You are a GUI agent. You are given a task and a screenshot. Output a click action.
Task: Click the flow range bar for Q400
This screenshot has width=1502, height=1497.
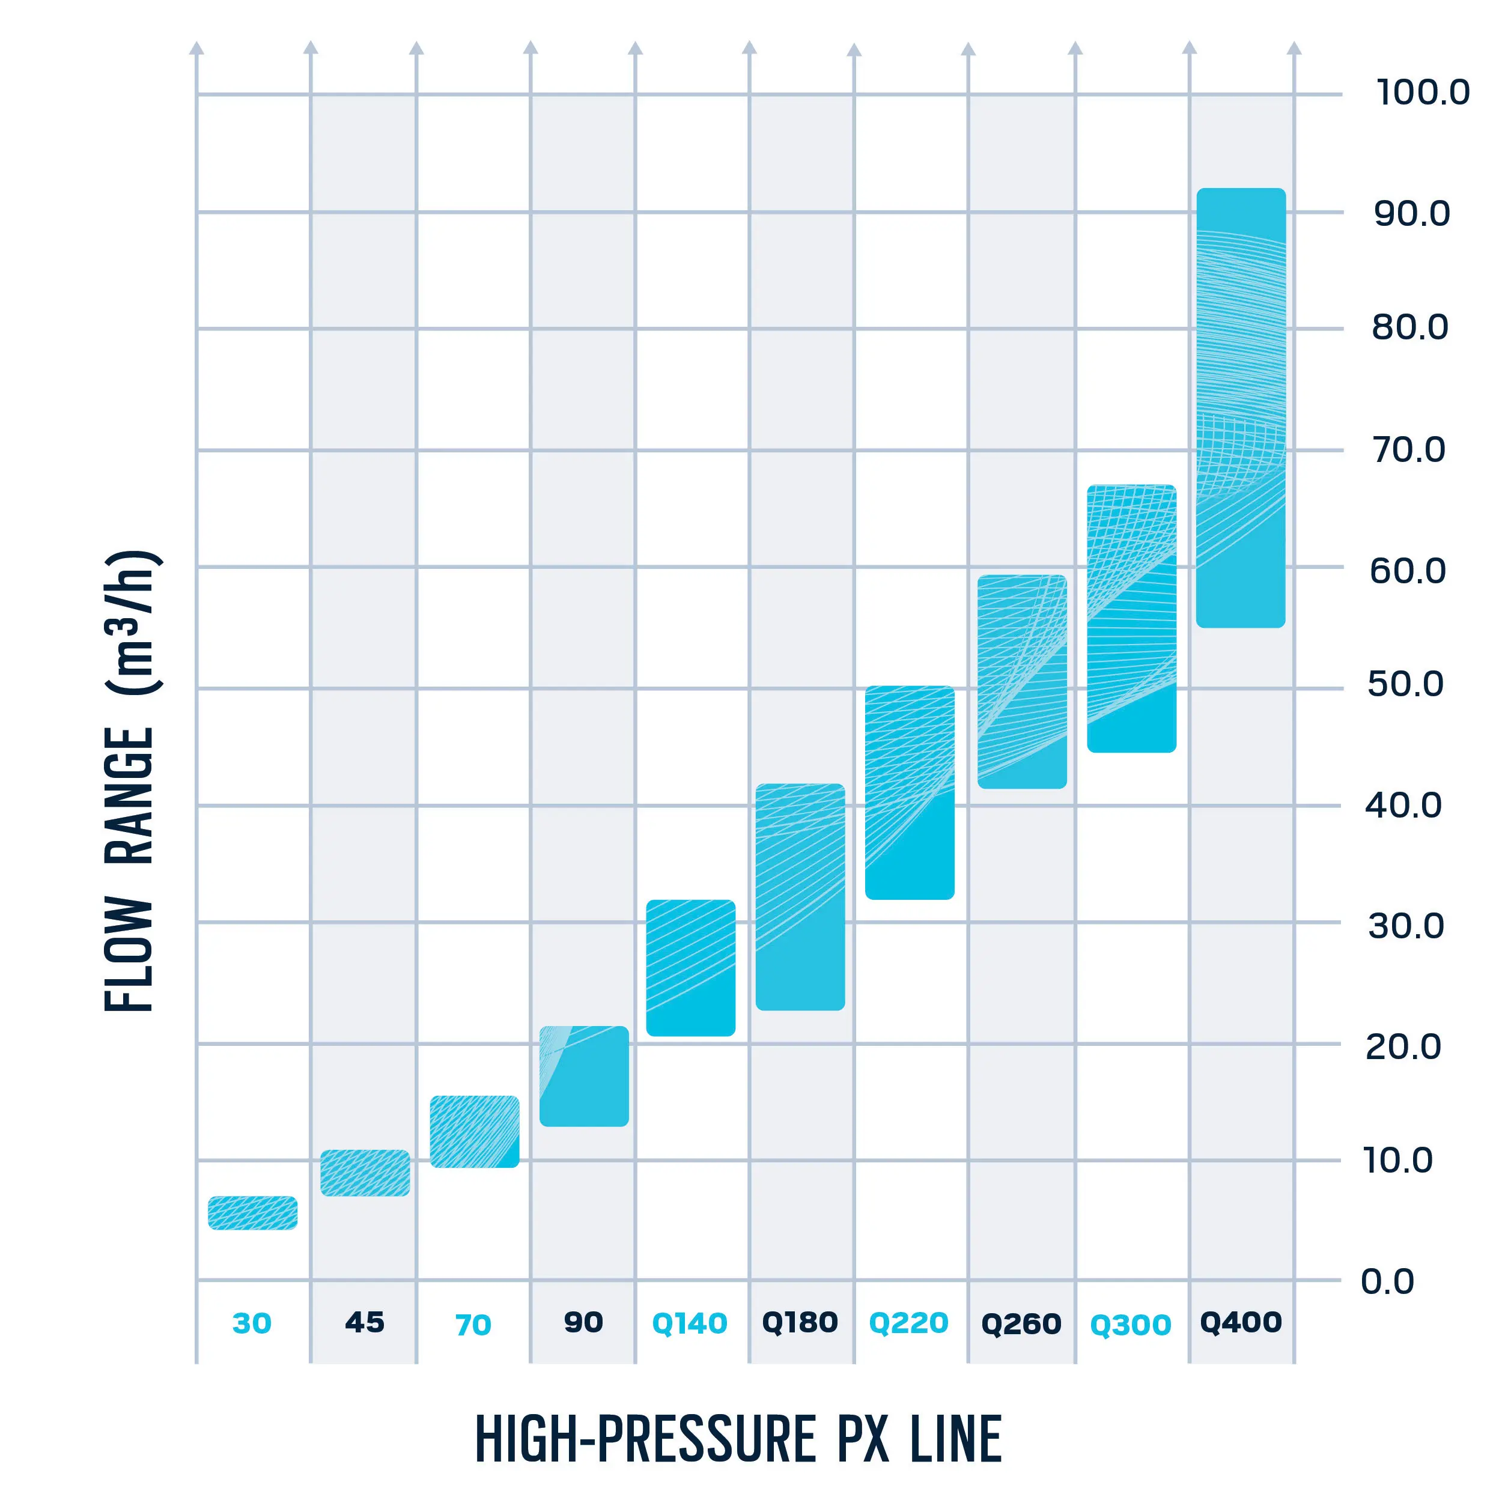tap(1241, 408)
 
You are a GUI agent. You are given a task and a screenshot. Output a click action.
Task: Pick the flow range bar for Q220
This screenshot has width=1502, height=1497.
tap(910, 793)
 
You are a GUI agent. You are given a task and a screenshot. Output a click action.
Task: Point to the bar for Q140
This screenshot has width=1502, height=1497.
tap(690, 968)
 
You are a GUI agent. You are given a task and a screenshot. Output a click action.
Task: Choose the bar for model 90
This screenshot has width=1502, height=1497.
tap(584, 1076)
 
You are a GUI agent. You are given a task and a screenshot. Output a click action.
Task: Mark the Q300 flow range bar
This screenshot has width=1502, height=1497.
tap(1131, 619)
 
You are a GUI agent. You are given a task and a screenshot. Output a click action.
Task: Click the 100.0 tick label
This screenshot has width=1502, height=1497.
tap(1423, 93)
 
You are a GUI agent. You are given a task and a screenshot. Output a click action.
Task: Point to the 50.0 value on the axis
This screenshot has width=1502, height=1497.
tap(1406, 684)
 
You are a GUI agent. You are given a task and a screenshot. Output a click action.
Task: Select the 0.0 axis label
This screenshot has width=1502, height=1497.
tap(1388, 1282)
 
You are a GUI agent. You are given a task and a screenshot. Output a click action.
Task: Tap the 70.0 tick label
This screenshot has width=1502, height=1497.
tap(1409, 449)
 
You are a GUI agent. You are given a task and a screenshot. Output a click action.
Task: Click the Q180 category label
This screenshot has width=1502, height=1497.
tap(800, 1322)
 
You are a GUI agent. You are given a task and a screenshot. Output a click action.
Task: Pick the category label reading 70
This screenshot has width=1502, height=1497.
tap(473, 1325)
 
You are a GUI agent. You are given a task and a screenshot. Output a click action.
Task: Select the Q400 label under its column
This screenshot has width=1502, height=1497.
tap(1241, 1322)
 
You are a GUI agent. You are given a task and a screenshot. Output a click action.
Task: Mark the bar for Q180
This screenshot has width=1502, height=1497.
tap(800, 897)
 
